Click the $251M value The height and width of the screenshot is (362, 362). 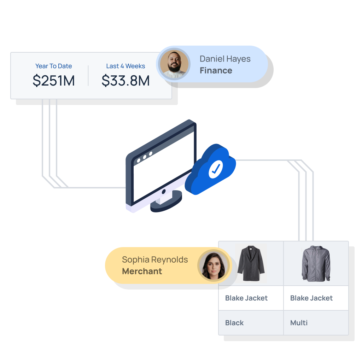pyautogui.click(x=54, y=81)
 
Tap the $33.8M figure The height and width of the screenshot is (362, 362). pyautogui.click(x=125, y=81)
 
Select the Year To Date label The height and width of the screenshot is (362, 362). pyautogui.click(x=53, y=66)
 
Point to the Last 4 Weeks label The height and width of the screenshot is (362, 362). pyautogui.click(x=125, y=66)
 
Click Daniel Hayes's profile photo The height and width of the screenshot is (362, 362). pyautogui.click(x=173, y=64)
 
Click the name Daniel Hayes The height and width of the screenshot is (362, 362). pyautogui.click(x=225, y=59)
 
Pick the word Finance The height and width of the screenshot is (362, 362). pyautogui.click(x=216, y=70)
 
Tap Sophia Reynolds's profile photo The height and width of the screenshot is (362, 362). pyautogui.click(x=214, y=265)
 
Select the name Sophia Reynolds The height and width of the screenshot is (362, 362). pyautogui.click(x=155, y=260)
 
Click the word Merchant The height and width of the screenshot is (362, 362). pyautogui.click(x=142, y=271)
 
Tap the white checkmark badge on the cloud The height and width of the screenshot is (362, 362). pyautogui.click(x=215, y=169)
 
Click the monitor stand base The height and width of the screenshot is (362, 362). pyautogui.click(x=166, y=203)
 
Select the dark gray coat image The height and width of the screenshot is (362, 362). pyautogui.click(x=251, y=264)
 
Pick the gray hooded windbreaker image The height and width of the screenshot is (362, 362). pyautogui.click(x=316, y=264)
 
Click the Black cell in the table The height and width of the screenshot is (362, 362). pyautogui.click(x=251, y=323)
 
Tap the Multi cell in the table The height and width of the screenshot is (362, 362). pyautogui.click(x=316, y=323)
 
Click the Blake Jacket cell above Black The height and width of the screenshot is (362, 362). pyautogui.click(x=251, y=298)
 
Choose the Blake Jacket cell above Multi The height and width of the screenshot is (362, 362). pyautogui.click(x=316, y=298)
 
